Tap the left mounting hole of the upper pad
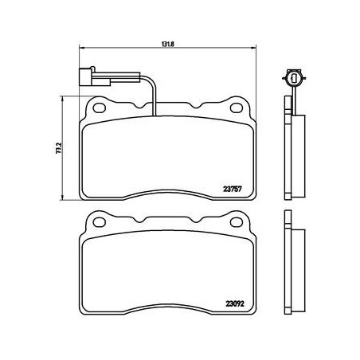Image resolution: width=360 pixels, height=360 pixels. click(100, 105)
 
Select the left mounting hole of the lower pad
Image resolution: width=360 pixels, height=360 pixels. click(100, 218)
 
